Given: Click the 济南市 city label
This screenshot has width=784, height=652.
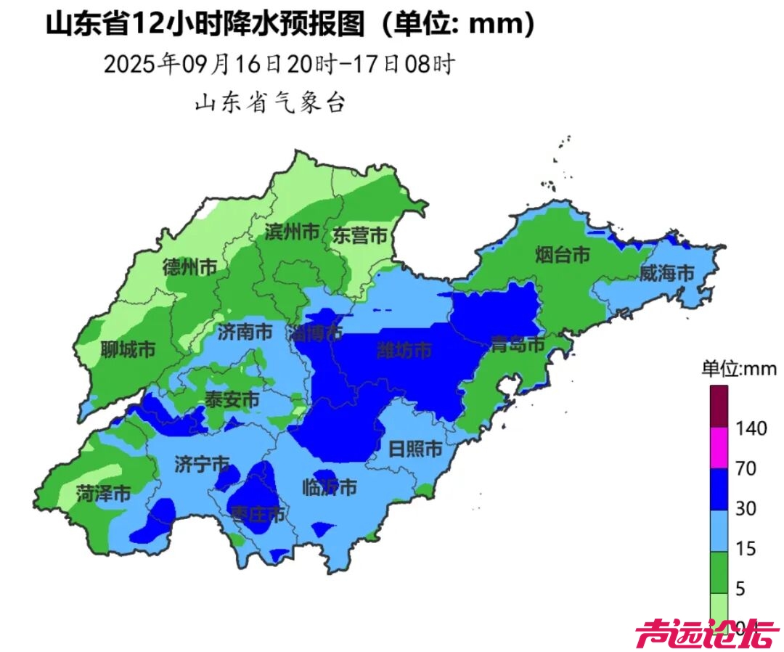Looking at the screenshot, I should (245, 333).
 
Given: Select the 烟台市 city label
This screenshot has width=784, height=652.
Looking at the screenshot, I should (562, 254).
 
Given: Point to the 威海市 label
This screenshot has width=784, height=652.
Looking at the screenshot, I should (667, 274).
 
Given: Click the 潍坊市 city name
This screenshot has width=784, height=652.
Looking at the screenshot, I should (404, 351).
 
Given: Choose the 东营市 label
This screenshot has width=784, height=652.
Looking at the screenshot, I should (359, 235).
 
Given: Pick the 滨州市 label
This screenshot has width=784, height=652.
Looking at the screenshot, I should (292, 232).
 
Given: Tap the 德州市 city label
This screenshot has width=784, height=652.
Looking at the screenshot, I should (189, 266).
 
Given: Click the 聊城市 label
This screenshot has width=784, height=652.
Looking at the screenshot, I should (128, 349).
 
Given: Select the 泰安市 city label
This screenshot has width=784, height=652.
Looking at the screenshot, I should (232, 399).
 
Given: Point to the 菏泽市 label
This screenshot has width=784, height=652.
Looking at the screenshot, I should (103, 494).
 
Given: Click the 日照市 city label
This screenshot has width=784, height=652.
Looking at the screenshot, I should (415, 449).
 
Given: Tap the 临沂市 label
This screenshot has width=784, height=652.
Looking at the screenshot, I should (330, 488).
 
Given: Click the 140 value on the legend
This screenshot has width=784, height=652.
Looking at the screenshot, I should (750, 428).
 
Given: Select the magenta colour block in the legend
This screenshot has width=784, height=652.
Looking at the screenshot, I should (718, 448).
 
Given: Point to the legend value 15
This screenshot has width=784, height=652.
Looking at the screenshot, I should (745, 549).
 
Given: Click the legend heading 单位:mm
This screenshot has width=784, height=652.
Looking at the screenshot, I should (739, 369).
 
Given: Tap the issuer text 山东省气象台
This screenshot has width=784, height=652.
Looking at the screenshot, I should (269, 104).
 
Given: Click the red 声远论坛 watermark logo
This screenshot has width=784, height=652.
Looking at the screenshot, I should (697, 635).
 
